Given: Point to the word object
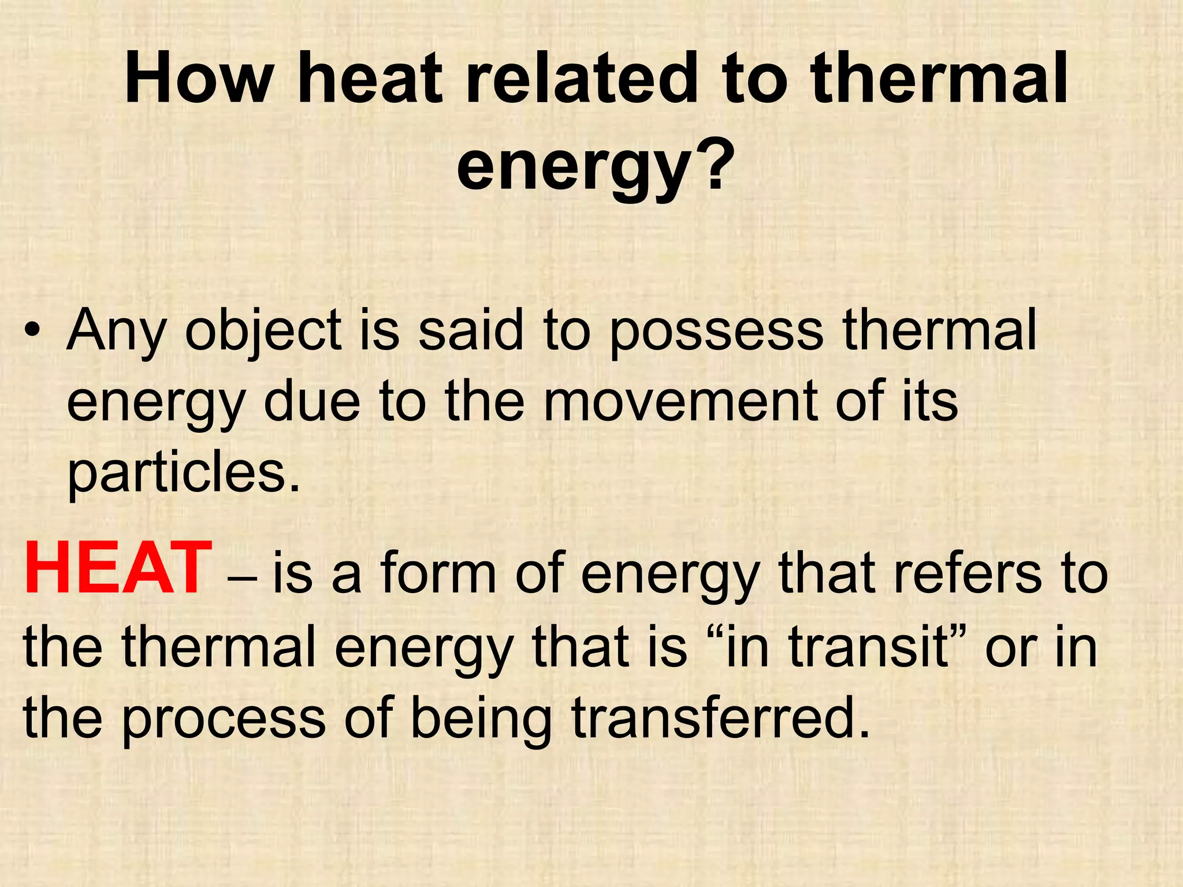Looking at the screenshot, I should [x=263, y=330].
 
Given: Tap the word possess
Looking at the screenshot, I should [x=717, y=330].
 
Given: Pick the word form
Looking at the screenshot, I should [x=438, y=573].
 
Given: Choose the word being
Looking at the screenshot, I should [x=481, y=718].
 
